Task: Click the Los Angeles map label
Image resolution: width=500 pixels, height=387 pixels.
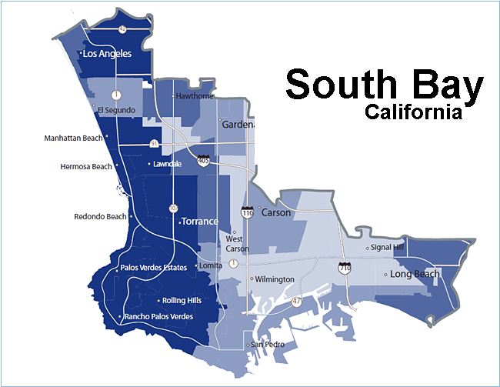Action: pos(107,54)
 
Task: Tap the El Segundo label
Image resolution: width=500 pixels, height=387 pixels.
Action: pos(116,110)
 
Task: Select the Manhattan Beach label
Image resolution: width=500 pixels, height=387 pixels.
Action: pos(73,138)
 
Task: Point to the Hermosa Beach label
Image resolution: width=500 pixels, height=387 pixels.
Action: pos(85,166)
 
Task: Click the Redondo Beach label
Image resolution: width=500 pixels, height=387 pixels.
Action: pos(100,216)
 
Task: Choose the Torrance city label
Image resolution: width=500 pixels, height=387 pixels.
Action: pos(199,222)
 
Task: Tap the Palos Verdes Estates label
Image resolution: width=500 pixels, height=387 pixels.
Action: pos(154,268)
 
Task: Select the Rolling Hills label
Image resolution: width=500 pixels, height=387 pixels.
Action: pos(182,300)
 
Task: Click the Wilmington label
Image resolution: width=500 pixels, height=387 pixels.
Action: pos(275,279)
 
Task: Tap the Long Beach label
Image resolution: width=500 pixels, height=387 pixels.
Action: pos(415,274)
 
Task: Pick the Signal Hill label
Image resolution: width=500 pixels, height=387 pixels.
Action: pos(387,248)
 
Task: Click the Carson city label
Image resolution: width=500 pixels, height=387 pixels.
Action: pos(277,212)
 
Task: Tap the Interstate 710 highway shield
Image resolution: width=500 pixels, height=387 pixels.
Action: pos(345,269)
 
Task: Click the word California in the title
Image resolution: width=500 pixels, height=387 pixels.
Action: pos(413,112)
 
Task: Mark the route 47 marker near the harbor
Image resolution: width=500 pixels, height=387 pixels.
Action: pos(297,302)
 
